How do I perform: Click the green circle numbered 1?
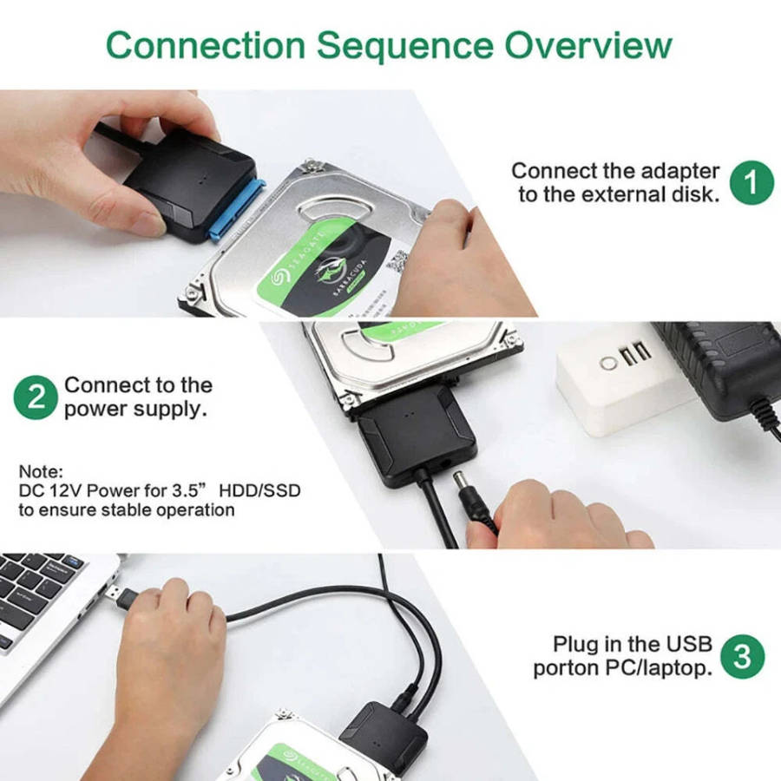(x=751, y=181)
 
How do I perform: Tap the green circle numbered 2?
(x=36, y=397)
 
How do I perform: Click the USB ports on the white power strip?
(x=637, y=353)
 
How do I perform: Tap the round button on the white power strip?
(x=608, y=359)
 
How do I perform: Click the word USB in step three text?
(x=689, y=644)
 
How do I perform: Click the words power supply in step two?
(x=135, y=410)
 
